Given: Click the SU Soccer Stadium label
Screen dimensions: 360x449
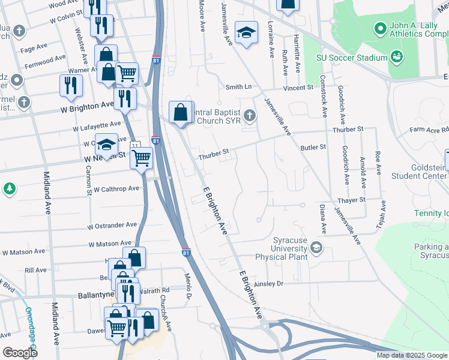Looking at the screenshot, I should coord(351,58).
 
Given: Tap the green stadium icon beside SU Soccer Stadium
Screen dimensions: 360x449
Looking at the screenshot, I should coord(396,57).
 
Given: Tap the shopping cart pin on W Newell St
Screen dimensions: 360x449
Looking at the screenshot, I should coord(142,159).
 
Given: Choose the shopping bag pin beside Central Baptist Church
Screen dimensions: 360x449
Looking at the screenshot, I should coord(181,112).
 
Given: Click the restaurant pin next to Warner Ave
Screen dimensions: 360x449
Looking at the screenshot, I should coord(71,86).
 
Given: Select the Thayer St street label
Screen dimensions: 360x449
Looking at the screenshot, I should coord(351,199).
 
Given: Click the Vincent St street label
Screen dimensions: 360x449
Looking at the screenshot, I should coord(298,87).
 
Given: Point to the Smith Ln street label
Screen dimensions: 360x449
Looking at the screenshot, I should coord(238,87).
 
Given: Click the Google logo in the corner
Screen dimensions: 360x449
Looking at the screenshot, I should coord(20,352).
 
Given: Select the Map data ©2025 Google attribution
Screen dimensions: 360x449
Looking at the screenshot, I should coord(412,355).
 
